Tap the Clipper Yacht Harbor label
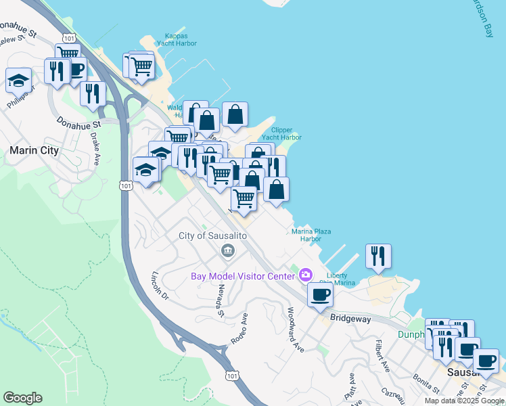coord(285,133)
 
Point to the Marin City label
coord(34,150)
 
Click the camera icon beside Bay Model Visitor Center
coord(306,275)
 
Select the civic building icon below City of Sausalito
coord(228,252)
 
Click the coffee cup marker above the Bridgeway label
coord(320,295)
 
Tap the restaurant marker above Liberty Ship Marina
coord(377,256)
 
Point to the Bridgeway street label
coord(352,317)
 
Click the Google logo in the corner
coord(22,398)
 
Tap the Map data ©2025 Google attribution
coord(464,401)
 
